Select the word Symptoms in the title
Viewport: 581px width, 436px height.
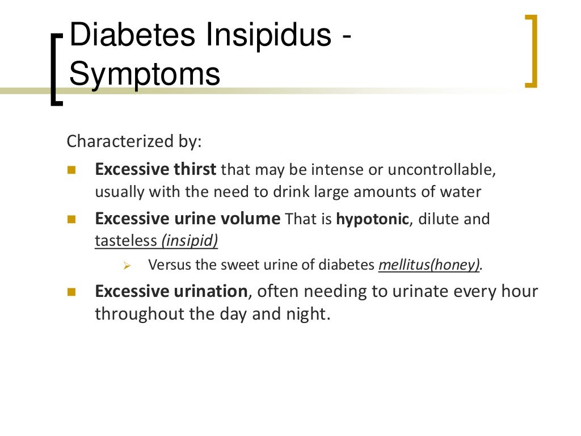pyautogui.click(x=145, y=74)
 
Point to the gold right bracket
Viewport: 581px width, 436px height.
pyautogui.click(x=531, y=51)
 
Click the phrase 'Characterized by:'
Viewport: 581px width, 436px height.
pyautogui.click(x=134, y=141)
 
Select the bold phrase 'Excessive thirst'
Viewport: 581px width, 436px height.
pyautogui.click(x=155, y=170)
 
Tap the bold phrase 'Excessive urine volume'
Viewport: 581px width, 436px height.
pyautogui.click(x=187, y=219)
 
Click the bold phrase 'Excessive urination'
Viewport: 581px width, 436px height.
pyautogui.click(x=171, y=291)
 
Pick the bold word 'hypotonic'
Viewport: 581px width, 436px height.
pyautogui.click(x=372, y=219)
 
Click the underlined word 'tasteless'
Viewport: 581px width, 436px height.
pyautogui.click(x=126, y=241)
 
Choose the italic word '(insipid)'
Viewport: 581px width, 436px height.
pyautogui.click(x=190, y=241)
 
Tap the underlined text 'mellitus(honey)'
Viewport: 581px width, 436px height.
pyautogui.click(x=430, y=265)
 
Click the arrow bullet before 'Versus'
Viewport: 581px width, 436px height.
pyautogui.click(x=127, y=266)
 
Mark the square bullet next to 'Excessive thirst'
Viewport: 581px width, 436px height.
pyautogui.click(x=71, y=170)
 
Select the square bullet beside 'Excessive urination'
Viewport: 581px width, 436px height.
pyautogui.click(x=71, y=292)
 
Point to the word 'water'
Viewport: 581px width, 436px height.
pyautogui.click(x=460, y=192)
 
